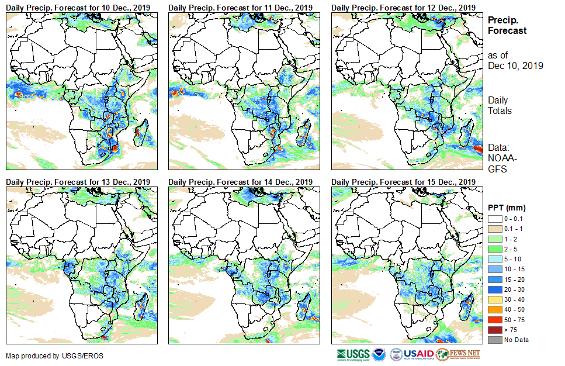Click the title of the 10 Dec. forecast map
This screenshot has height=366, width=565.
point(78,7)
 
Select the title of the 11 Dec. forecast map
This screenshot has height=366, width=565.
point(241,7)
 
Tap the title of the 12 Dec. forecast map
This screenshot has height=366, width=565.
point(403,7)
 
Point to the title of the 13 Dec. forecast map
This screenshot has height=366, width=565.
point(78,182)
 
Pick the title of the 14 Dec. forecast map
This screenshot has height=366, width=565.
point(241,182)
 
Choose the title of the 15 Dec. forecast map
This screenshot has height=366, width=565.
point(403,182)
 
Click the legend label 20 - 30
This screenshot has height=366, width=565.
point(517,289)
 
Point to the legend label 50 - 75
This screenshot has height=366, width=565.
point(517,320)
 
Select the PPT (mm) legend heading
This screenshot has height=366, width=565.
point(507,208)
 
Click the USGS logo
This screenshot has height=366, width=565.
point(353,354)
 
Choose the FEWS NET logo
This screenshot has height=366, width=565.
point(459,354)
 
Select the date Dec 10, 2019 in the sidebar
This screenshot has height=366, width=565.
point(515,65)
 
